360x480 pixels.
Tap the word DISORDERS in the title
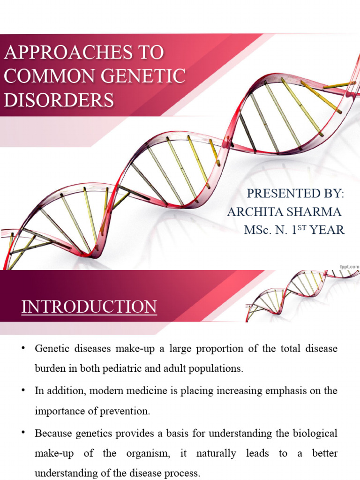click(x=59, y=100)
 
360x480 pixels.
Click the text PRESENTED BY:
click(x=295, y=194)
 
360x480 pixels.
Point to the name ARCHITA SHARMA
click(x=284, y=212)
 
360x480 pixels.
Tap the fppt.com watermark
click(x=349, y=266)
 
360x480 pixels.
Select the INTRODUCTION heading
click(x=89, y=307)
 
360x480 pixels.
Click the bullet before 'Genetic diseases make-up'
click(x=23, y=348)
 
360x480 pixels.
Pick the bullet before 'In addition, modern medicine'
click(x=23, y=390)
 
